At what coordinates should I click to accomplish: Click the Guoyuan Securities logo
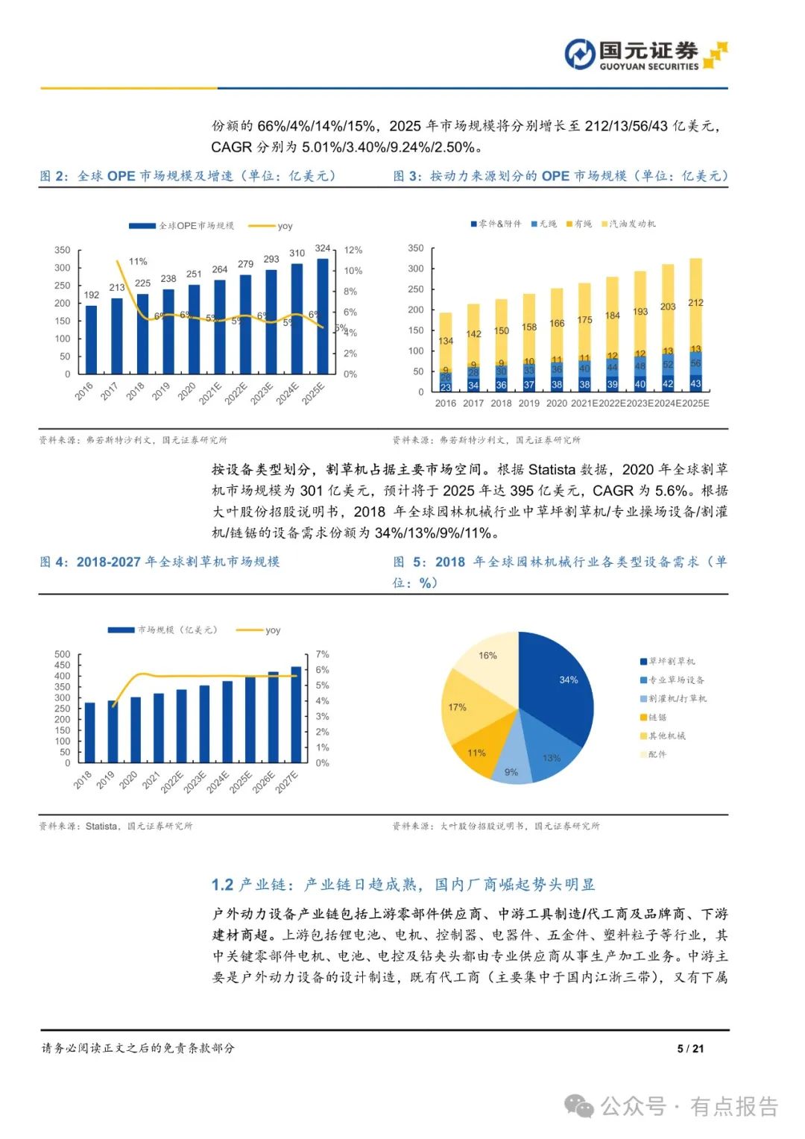pos(645,55)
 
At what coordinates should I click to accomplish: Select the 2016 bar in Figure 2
pos(91,339)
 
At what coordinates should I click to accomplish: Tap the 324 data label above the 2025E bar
pos(323,248)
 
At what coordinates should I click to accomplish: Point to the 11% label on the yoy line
pos(138,262)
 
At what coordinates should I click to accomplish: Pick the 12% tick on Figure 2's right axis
pos(353,251)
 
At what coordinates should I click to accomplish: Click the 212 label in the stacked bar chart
pos(695,303)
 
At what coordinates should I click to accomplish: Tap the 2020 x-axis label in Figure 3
pos(556,404)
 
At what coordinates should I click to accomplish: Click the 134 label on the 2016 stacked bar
pos(446,341)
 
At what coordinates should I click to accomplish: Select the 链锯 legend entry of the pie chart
pos(657,718)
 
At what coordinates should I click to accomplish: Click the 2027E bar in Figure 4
pos(296,715)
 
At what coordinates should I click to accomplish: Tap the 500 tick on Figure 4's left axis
pos(63,655)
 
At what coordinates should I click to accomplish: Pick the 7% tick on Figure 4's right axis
pos(322,655)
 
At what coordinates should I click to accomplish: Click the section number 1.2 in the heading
pos(222,885)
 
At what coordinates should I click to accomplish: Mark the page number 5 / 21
pos(690,1049)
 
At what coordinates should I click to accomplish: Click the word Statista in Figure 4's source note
pos(101,826)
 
